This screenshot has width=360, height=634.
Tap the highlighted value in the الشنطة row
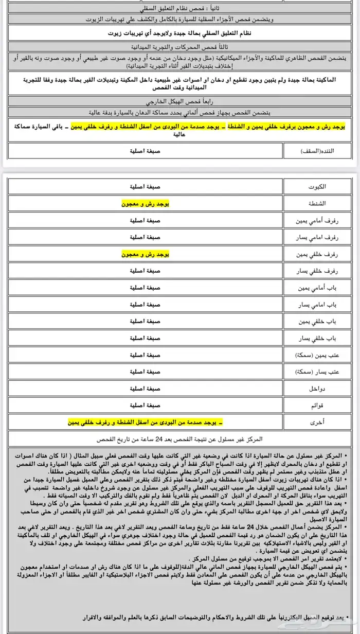coord(146,204)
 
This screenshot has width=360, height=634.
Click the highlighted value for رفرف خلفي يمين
coord(146,254)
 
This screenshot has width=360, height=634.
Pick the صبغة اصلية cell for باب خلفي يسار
coord(146,338)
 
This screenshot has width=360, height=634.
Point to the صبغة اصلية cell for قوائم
coord(146,405)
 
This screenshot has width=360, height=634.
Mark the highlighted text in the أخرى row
coord(146,422)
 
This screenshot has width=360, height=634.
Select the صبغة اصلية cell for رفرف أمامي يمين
coord(146,220)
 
